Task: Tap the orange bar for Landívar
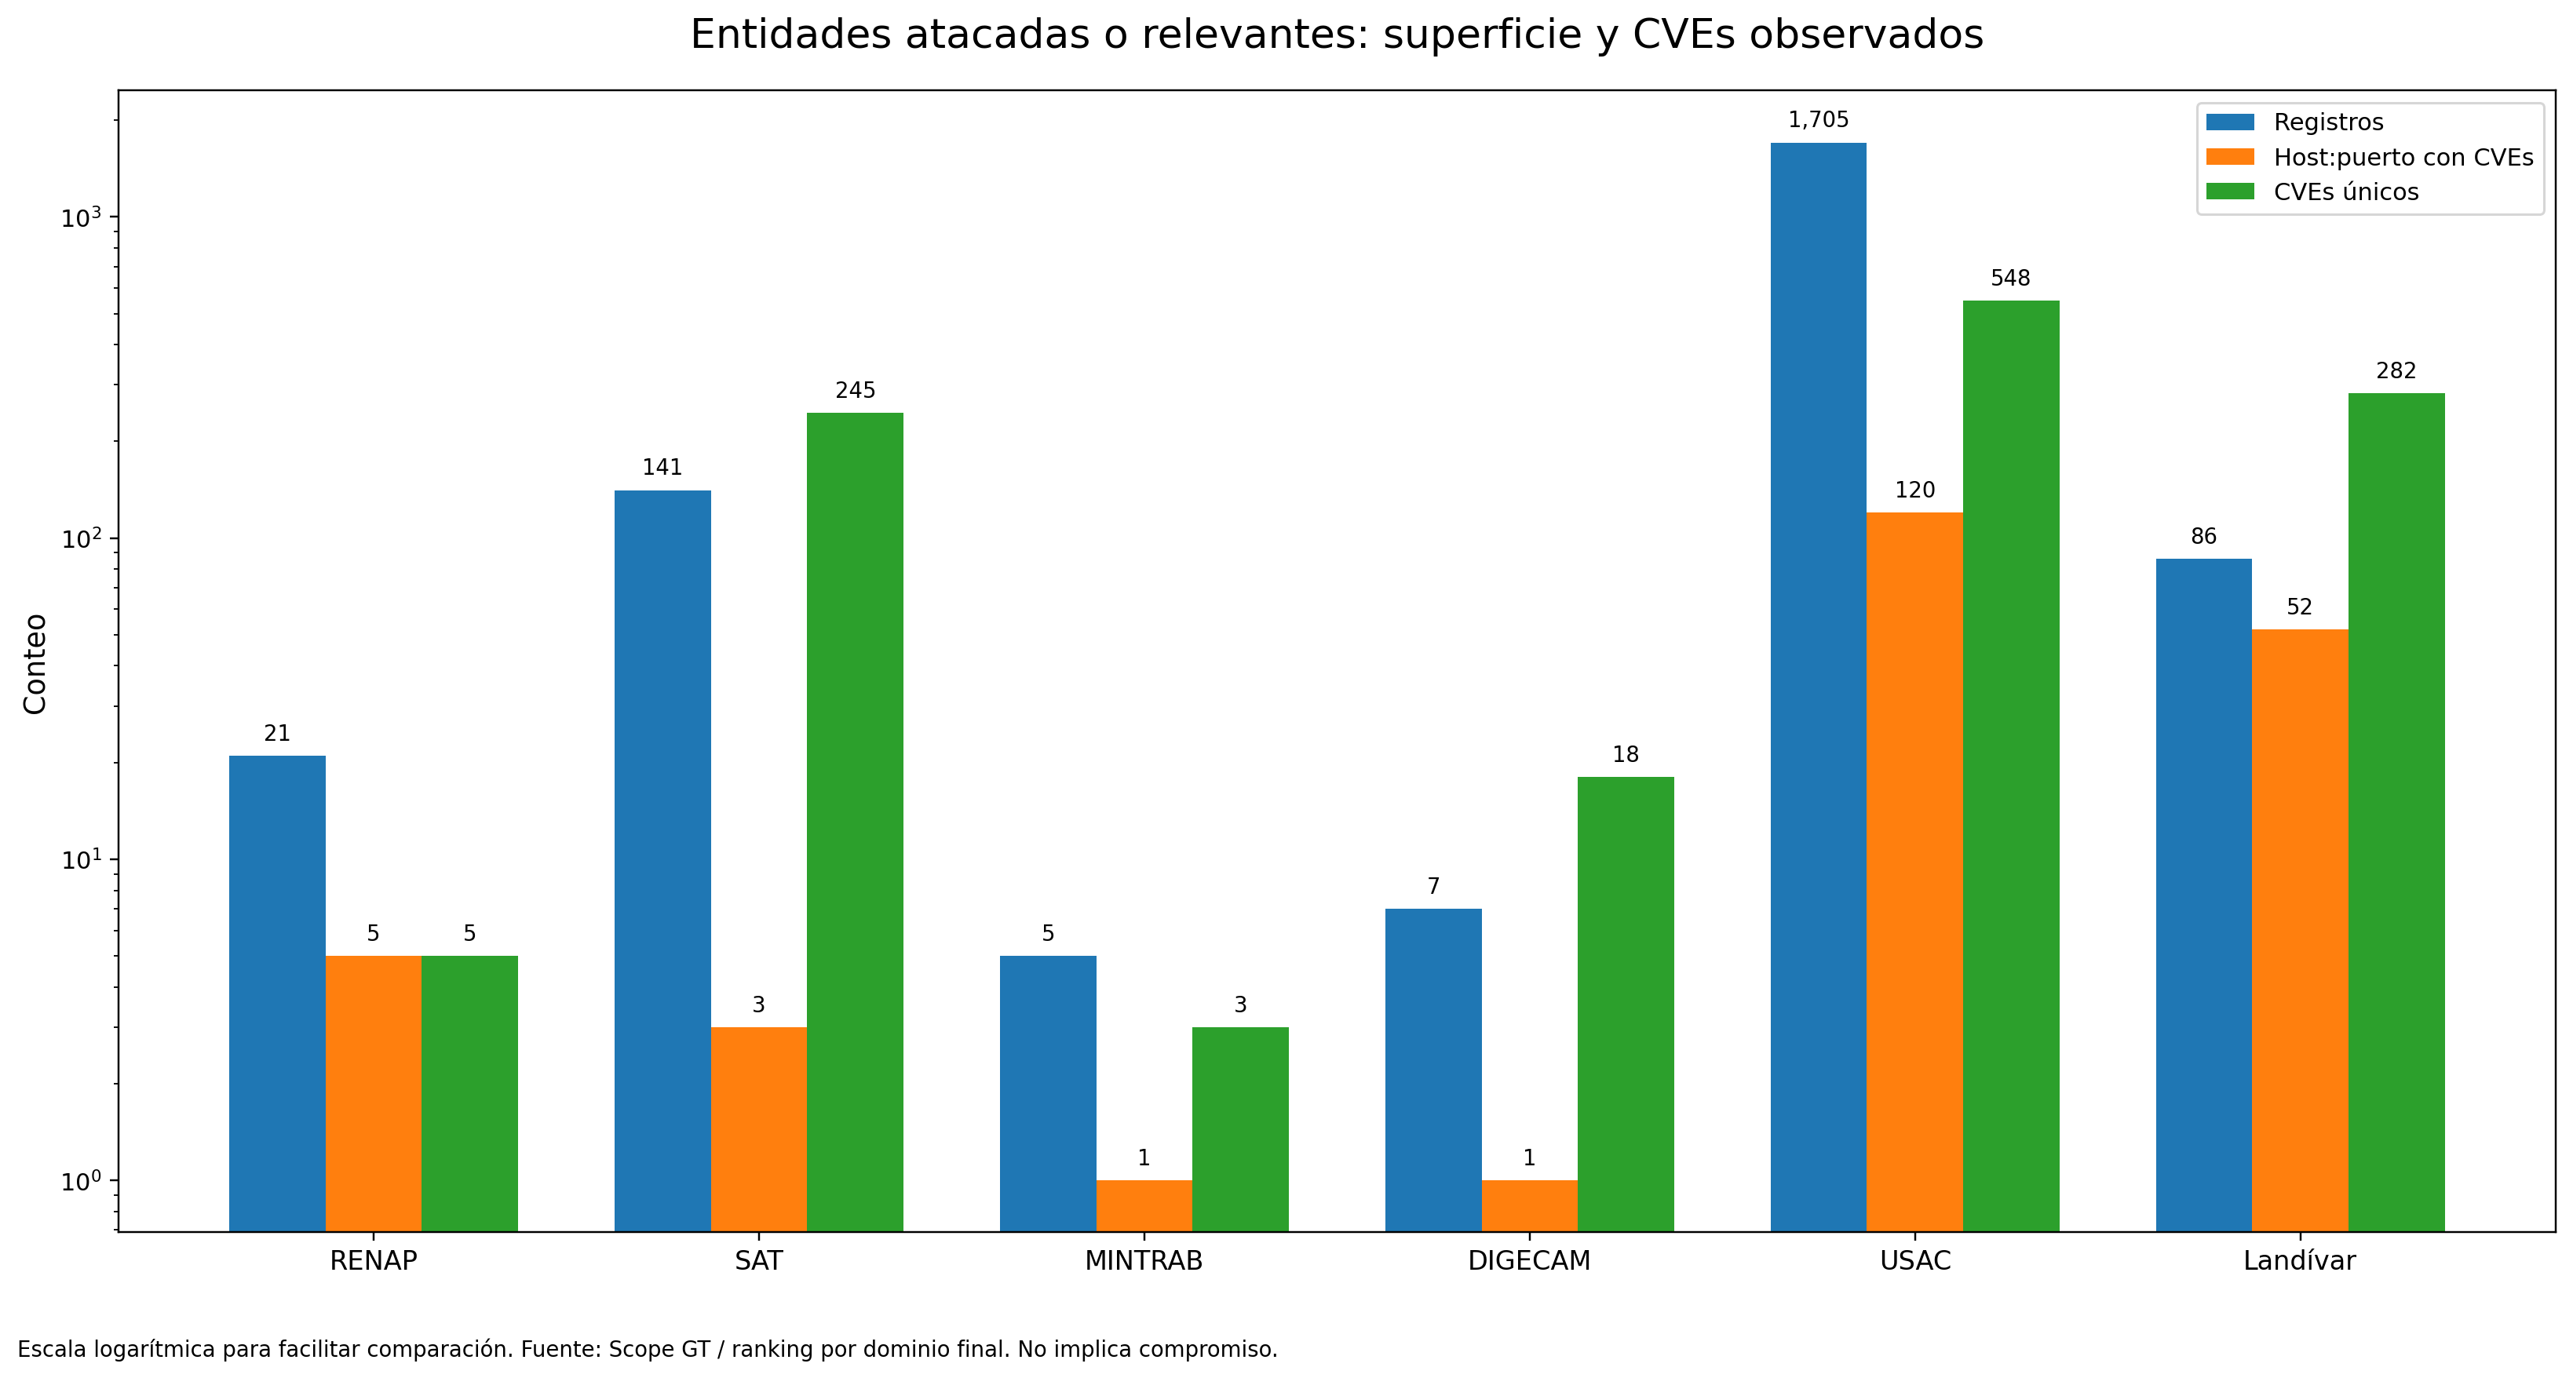pos(2299,928)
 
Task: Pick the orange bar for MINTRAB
pos(1144,1205)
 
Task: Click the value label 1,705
pos(1818,121)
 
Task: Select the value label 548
pos(2009,279)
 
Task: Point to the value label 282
pos(2395,371)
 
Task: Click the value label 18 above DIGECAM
pos(1625,755)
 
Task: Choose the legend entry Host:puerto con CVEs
pos(2402,158)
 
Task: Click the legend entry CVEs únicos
pos(2345,191)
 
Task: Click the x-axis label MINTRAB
pos(1144,1261)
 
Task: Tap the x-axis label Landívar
pos(2299,1261)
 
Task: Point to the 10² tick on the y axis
pos(82,539)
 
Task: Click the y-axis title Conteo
pos(36,664)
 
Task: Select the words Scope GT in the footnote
pos(659,1350)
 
